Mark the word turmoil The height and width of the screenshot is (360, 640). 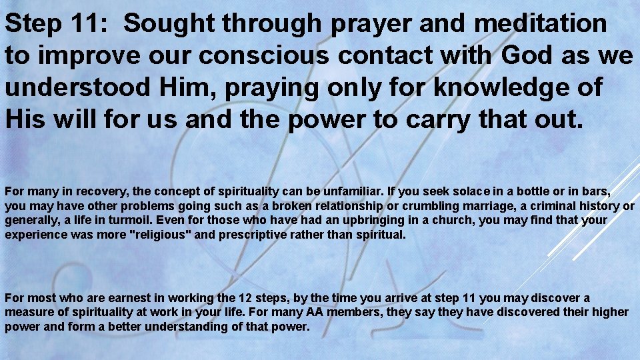117,221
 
